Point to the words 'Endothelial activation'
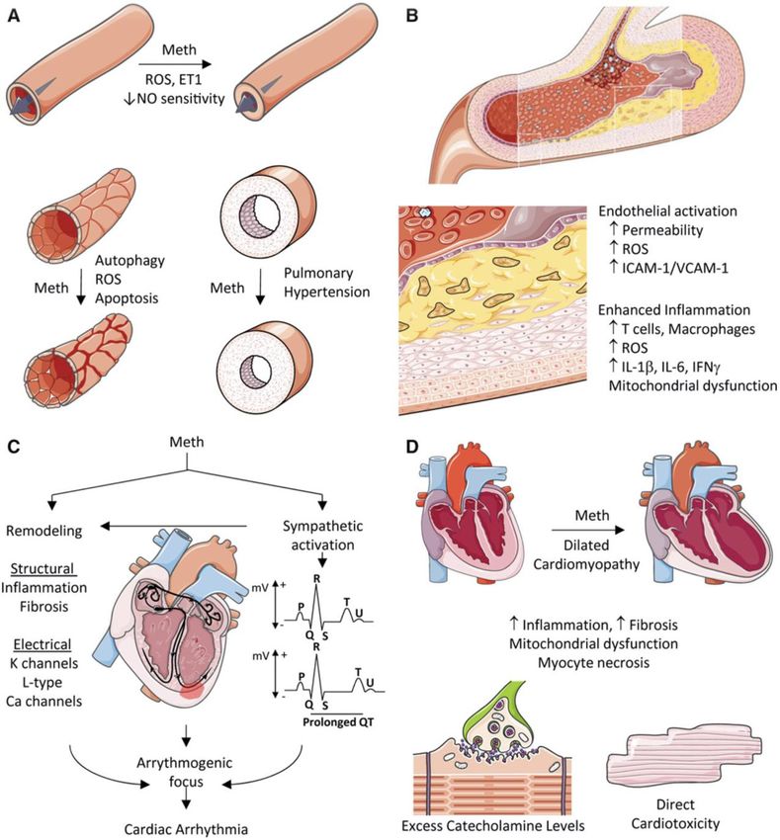(x=668, y=213)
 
